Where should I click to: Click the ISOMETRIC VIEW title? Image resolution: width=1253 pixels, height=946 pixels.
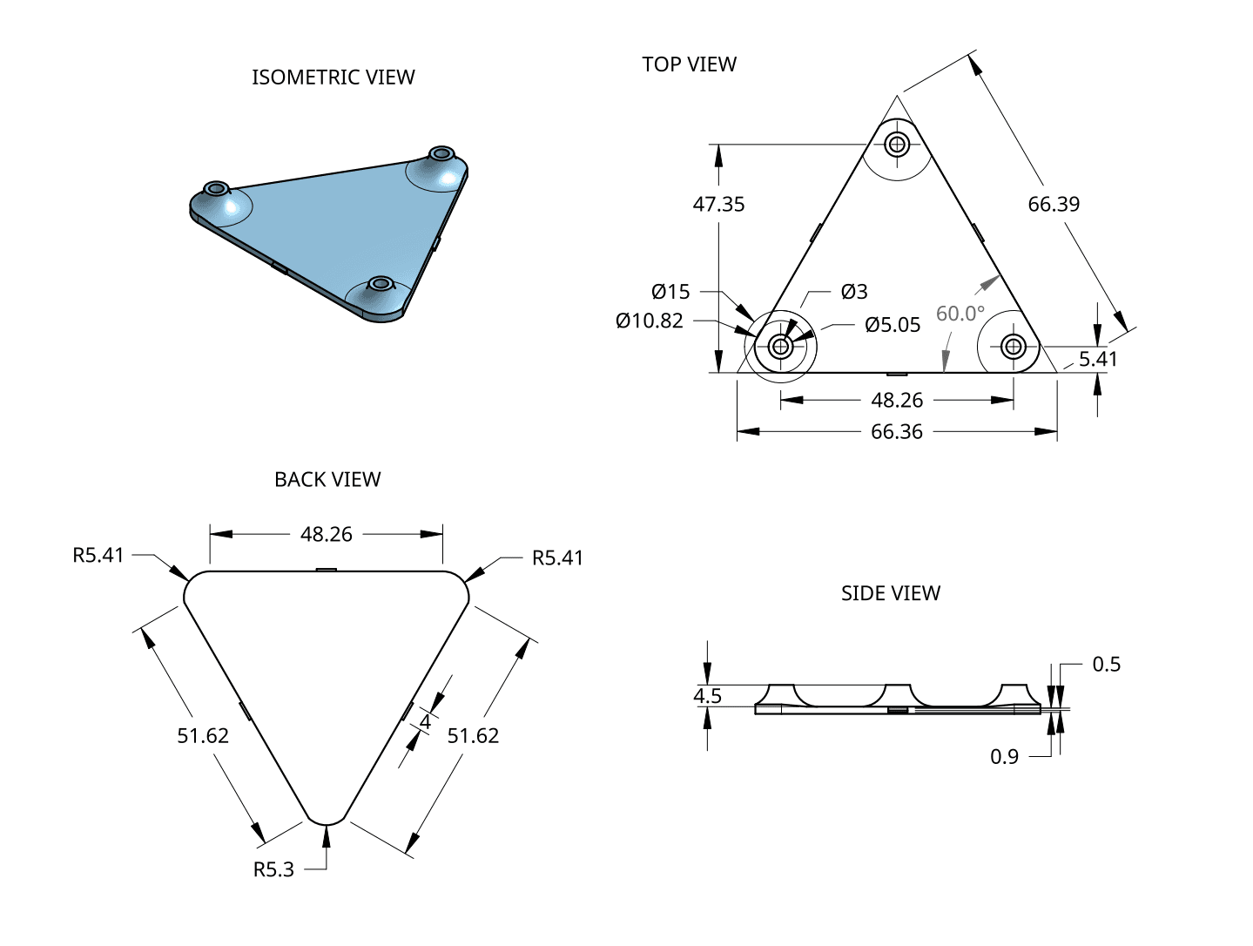(333, 78)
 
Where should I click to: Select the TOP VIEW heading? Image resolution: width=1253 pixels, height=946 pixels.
(689, 64)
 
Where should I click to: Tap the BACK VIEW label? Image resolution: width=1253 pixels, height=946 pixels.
(327, 480)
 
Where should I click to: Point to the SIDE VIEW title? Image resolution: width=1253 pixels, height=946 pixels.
(890, 593)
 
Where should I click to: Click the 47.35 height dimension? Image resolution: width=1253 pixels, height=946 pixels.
(718, 205)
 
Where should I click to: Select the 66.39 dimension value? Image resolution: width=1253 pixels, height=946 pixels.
(1053, 205)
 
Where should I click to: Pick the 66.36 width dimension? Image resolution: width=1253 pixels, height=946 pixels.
(896, 432)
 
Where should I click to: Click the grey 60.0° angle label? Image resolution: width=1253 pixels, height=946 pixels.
(960, 314)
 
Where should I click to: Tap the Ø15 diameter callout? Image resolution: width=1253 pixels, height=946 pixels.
(670, 292)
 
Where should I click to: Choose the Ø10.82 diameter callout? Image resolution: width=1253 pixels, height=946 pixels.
(650, 321)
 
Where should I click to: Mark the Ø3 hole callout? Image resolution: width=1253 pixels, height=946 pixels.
(854, 292)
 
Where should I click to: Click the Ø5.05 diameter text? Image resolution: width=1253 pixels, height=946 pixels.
(893, 325)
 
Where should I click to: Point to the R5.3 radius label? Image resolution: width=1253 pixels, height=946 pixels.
(273, 869)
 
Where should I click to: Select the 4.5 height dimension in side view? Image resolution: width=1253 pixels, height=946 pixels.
(707, 696)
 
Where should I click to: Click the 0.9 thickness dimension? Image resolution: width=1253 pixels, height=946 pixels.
(1004, 757)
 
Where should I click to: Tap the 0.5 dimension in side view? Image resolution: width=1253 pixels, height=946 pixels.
(1106, 665)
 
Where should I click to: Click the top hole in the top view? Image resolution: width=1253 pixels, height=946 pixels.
(897, 144)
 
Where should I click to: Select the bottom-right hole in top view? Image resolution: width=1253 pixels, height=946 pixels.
(1013, 347)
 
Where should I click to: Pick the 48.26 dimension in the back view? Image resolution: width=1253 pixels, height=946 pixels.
(327, 535)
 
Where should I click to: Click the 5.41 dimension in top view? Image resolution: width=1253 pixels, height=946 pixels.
(1098, 359)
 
